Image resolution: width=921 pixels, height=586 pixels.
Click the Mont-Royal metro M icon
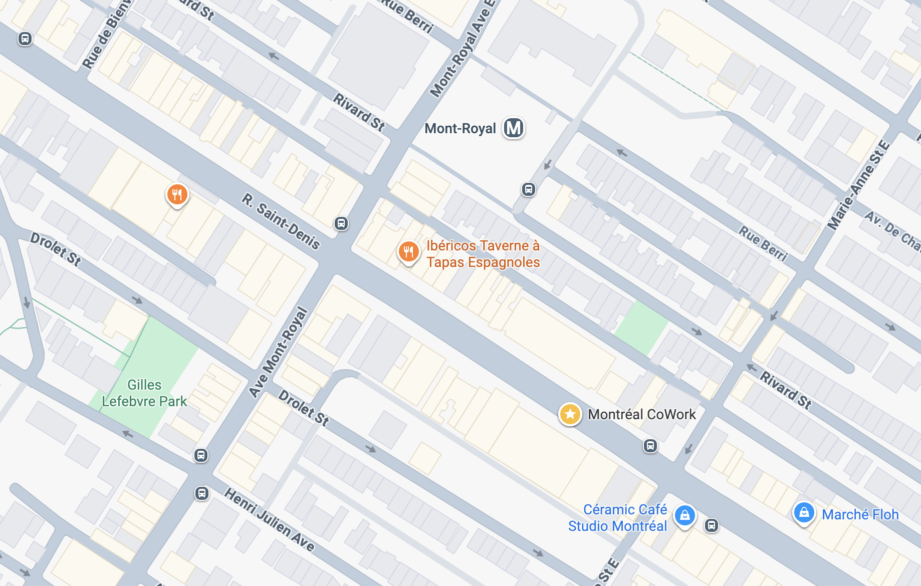(x=514, y=128)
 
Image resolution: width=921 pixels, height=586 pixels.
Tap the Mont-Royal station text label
(x=460, y=129)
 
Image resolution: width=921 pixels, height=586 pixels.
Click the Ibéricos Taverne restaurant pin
(x=408, y=251)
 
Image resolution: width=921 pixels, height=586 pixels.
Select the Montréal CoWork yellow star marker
(x=570, y=414)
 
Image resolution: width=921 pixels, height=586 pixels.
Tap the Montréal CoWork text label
(x=641, y=414)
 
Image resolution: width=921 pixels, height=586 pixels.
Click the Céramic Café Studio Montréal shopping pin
(x=684, y=515)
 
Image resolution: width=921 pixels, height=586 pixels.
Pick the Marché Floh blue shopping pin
(x=804, y=513)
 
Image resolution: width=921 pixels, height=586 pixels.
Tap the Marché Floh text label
(x=860, y=514)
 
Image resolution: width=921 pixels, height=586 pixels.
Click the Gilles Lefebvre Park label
(x=144, y=393)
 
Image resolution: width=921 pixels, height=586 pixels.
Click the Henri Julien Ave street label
(x=269, y=520)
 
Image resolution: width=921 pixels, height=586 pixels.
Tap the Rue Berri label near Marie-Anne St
(x=763, y=244)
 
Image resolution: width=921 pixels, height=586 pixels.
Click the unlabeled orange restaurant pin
(x=177, y=194)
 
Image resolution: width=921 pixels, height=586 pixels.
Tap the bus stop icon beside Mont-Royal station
(x=528, y=189)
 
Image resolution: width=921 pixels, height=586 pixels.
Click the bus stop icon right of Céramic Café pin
(x=711, y=525)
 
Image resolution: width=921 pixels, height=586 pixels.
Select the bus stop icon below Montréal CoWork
(x=650, y=446)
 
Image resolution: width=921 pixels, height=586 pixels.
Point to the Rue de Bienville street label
(x=106, y=34)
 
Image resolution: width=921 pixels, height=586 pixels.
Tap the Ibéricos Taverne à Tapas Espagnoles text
(x=483, y=254)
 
